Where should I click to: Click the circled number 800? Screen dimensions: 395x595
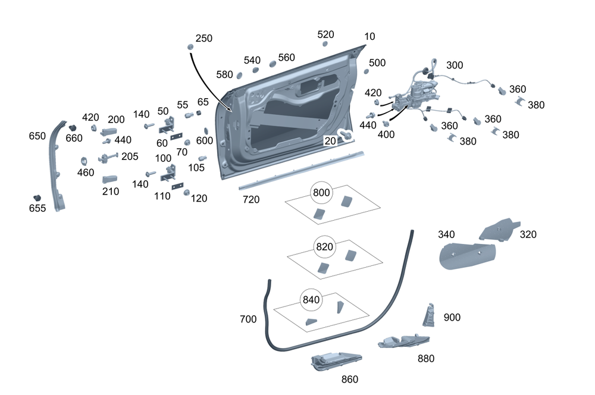[321, 192]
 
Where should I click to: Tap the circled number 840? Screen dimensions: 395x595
[311, 300]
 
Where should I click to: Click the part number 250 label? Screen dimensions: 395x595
[203, 38]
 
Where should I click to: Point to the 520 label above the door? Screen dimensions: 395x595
[325, 34]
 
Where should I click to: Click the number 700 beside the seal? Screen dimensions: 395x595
[248, 319]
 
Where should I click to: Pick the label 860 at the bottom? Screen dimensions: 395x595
[350, 379]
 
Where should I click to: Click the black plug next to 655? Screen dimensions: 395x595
[37, 197]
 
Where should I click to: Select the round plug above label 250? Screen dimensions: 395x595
[190, 47]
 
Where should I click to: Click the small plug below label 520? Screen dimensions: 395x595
[325, 44]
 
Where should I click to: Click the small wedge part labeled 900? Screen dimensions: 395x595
[430, 315]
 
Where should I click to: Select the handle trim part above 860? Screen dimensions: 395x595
[336, 360]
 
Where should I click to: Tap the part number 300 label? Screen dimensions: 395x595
[455, 65]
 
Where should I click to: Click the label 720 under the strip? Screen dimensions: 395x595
[251, 200]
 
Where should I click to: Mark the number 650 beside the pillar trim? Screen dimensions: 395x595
[37, 136]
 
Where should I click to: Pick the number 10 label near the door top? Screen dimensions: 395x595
[369, 36]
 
